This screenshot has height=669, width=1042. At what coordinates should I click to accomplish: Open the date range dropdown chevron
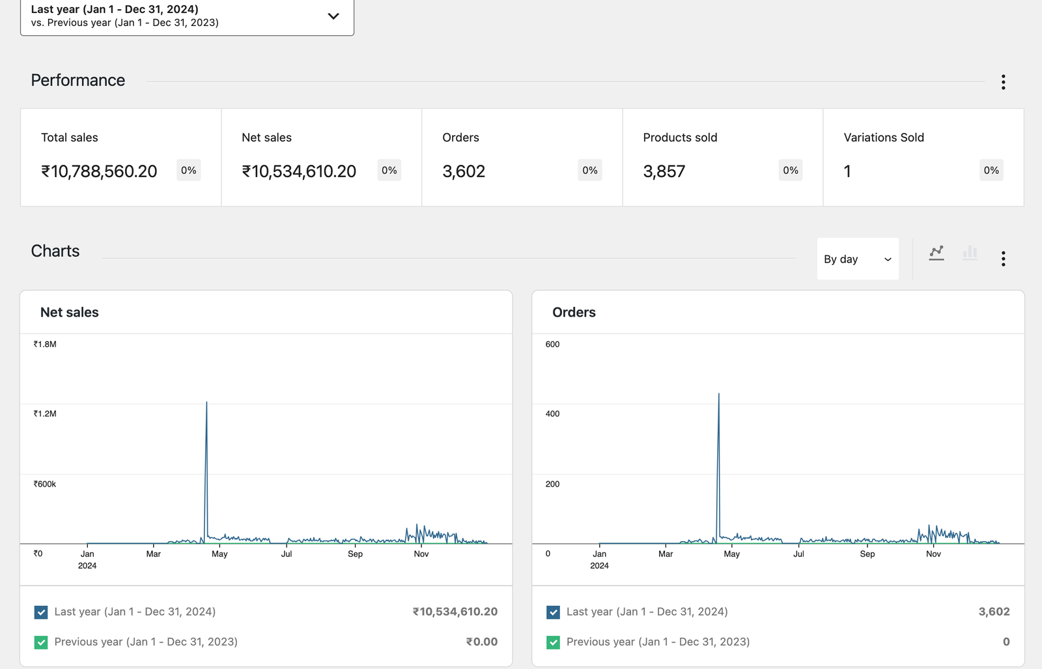click(333, 16)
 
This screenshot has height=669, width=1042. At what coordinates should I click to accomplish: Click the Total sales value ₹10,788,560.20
click(99, 171)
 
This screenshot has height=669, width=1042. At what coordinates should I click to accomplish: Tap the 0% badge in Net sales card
click(389, 171)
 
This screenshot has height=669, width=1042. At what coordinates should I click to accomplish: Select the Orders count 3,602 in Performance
click(464, 171)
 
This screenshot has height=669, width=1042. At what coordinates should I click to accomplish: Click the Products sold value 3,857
click(664, 171)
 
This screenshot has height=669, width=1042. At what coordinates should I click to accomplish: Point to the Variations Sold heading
click(883, 137)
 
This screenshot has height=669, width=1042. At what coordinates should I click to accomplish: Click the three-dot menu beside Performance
click(1003, 82)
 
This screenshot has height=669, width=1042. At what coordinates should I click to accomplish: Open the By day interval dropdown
click(857, 259)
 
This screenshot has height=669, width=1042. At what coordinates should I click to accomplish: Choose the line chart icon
click(936, 253)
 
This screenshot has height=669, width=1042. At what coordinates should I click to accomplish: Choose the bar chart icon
click(970, 253)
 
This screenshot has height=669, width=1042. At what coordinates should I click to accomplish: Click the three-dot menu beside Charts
click(1003, 259)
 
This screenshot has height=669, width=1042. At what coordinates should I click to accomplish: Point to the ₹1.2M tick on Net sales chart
click(45, 414)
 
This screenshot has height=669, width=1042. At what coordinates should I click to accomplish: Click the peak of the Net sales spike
click(206, 403)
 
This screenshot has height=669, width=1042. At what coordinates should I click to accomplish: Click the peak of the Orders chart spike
click(718, 394)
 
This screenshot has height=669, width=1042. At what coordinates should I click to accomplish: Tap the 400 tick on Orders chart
click(552, 414)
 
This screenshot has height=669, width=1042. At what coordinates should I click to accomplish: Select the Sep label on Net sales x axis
click(355, 554)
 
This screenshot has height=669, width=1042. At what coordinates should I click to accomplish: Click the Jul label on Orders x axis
click(798, 554)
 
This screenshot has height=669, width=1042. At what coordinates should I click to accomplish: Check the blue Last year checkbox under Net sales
click(41, 612)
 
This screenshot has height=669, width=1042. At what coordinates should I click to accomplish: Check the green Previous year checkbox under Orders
click(553, 642)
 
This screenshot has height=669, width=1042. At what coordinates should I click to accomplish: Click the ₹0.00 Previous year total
click(481, 642)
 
